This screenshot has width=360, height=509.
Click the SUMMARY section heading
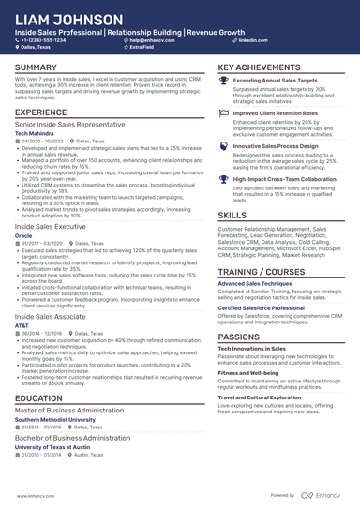click(36, 68)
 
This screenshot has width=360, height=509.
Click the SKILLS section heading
click(232, 215)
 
